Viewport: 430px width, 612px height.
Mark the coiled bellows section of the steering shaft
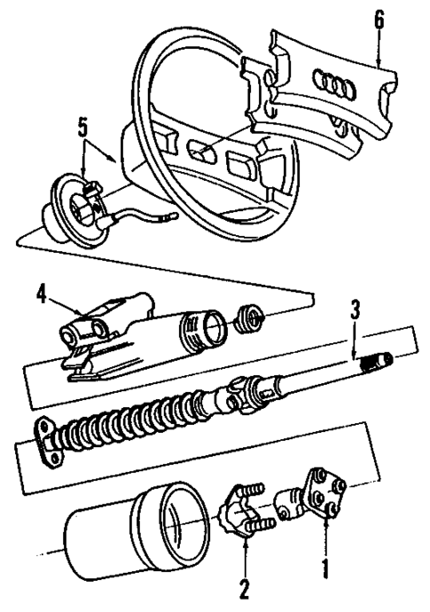133,417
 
